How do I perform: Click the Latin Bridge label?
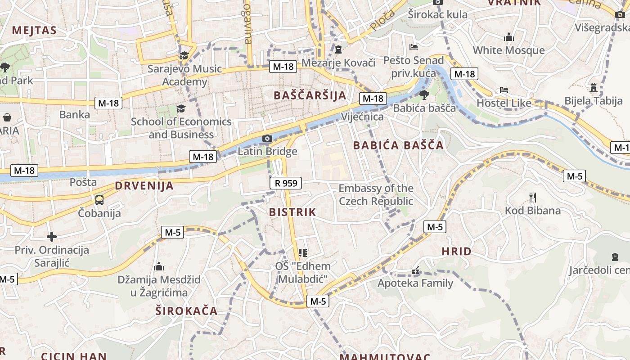pyautogui.click(x=267, y=151)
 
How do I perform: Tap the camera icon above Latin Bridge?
pyautogui.click(x=267, y=138)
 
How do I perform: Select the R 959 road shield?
pyautogui.click(x=286, y=183)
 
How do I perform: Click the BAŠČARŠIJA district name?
pyautogui.click(x=310, y=95)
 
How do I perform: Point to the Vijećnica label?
pyautogui.click(x=362, y=117)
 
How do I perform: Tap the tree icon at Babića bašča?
pyautogui.click(x=424, y=94)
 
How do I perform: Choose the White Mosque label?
pyautogui.click(x=508, y=50)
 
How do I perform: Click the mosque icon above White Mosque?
pyautogui.click(x=509, y=37)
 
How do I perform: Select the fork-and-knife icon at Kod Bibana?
pyautogui.click(x=533, y=198)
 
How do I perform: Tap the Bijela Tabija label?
pyautogui.click(x=594, y=101)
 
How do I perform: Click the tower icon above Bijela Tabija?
pyautogui.click(x=594, y=87)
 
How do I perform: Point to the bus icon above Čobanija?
pyautogui.click(x=99, y=200)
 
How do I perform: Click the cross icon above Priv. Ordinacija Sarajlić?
pyautogui.click(x=52, y=236)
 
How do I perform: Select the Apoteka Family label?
pyautogui.click(x=415, y=283)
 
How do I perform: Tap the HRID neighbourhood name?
pyautogui.click(x=456, y=252)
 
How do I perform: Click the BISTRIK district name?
pyautogui.click(x=292, y=212)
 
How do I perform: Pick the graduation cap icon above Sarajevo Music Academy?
pyautogui.click(x=184, y=55)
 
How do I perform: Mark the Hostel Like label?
pyautogui.click(x=504, y=103)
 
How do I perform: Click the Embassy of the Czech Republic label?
pyautogui.click(x=376, y=194)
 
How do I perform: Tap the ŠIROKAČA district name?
pyautogui.click(x=186, y=310)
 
